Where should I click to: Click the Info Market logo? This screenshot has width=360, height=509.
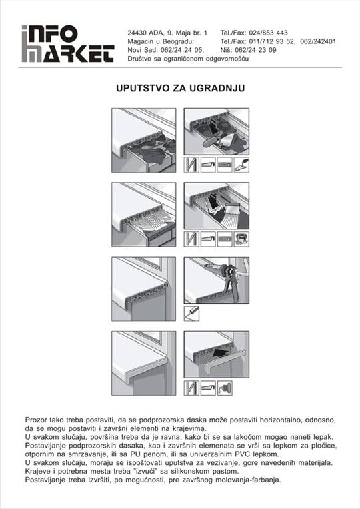[x=68, y=44]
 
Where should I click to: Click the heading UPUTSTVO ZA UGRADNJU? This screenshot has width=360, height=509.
[x=180, y=88]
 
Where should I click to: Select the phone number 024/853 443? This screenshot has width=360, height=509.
[x=268, y=33]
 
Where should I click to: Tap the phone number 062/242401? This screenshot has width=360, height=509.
[x=318, y=41]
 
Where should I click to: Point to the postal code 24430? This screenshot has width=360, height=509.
[x=137, y=33]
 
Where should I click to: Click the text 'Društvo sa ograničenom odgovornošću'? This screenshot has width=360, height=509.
[x=188, y=59]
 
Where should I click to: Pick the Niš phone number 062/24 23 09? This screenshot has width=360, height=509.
[x=255, y=50]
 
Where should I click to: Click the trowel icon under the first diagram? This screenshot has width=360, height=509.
[x=242, y=165]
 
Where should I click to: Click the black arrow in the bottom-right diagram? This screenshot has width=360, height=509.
[x=220, y=352]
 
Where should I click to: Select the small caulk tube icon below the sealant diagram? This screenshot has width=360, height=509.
[x=191, y=314]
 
